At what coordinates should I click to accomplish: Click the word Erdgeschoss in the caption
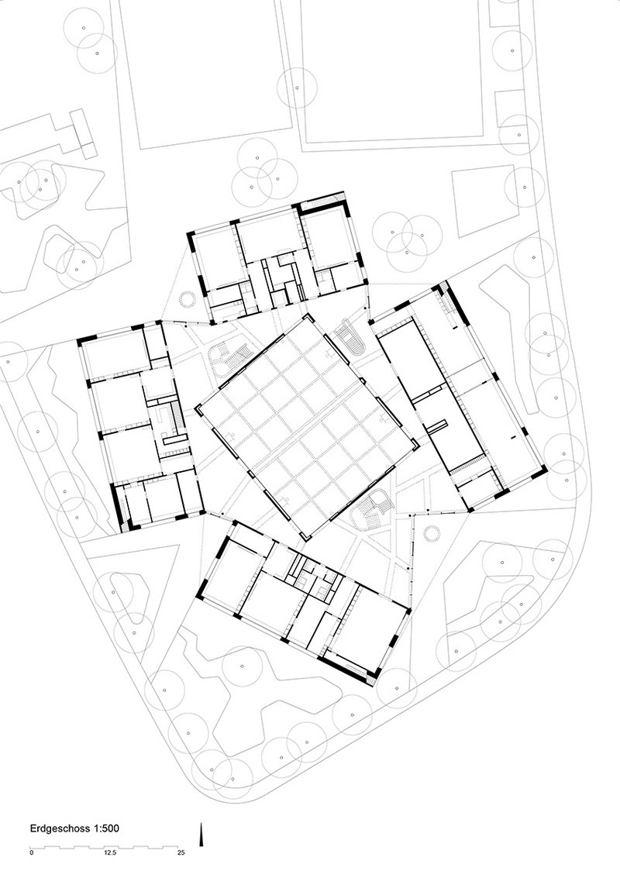tap(60, 828)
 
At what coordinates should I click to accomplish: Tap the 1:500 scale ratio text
tap(106, 828)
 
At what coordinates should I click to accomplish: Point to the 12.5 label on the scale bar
tap(110, 853)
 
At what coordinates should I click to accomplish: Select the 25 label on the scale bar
tap(181, 853)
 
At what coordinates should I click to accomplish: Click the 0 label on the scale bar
tap(32, 853)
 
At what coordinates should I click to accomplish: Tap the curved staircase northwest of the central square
tap(229, 358)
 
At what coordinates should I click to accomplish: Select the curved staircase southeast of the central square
tap(372, 508)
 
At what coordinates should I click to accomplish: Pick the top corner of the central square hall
tap(307, 315)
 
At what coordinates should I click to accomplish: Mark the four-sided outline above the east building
tap(483, 201)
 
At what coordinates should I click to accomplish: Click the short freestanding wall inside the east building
tap(436, 425)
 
